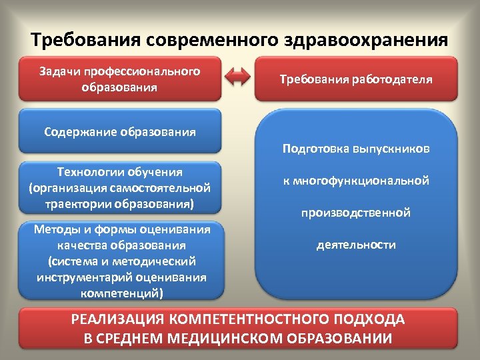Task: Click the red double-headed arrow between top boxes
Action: point(238,78)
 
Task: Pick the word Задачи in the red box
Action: point(59,71)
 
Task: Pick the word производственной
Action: point(355,213)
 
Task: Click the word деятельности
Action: point(355,245)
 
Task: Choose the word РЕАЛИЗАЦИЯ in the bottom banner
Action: point(116,319)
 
